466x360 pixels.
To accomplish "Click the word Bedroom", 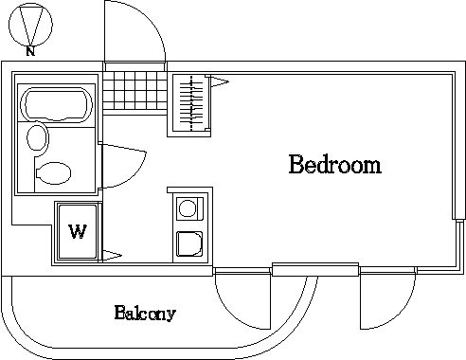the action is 335,165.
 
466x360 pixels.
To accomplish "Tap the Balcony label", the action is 145,313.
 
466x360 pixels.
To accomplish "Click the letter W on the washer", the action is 78,231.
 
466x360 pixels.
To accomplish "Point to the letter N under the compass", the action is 30,51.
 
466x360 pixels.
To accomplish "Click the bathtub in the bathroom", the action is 56,104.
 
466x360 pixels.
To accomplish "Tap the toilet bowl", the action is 54,173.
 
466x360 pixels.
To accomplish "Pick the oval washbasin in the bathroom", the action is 38,138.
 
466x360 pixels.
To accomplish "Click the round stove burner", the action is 188,208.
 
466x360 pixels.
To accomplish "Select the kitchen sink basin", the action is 189,244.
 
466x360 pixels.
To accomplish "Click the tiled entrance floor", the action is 134,90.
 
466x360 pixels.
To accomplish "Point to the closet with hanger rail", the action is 189,105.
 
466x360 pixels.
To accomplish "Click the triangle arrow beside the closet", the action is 220,81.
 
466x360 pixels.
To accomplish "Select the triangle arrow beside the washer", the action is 112,256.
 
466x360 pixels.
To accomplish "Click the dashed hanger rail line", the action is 191,103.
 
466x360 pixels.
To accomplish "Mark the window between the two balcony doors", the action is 315,269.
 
